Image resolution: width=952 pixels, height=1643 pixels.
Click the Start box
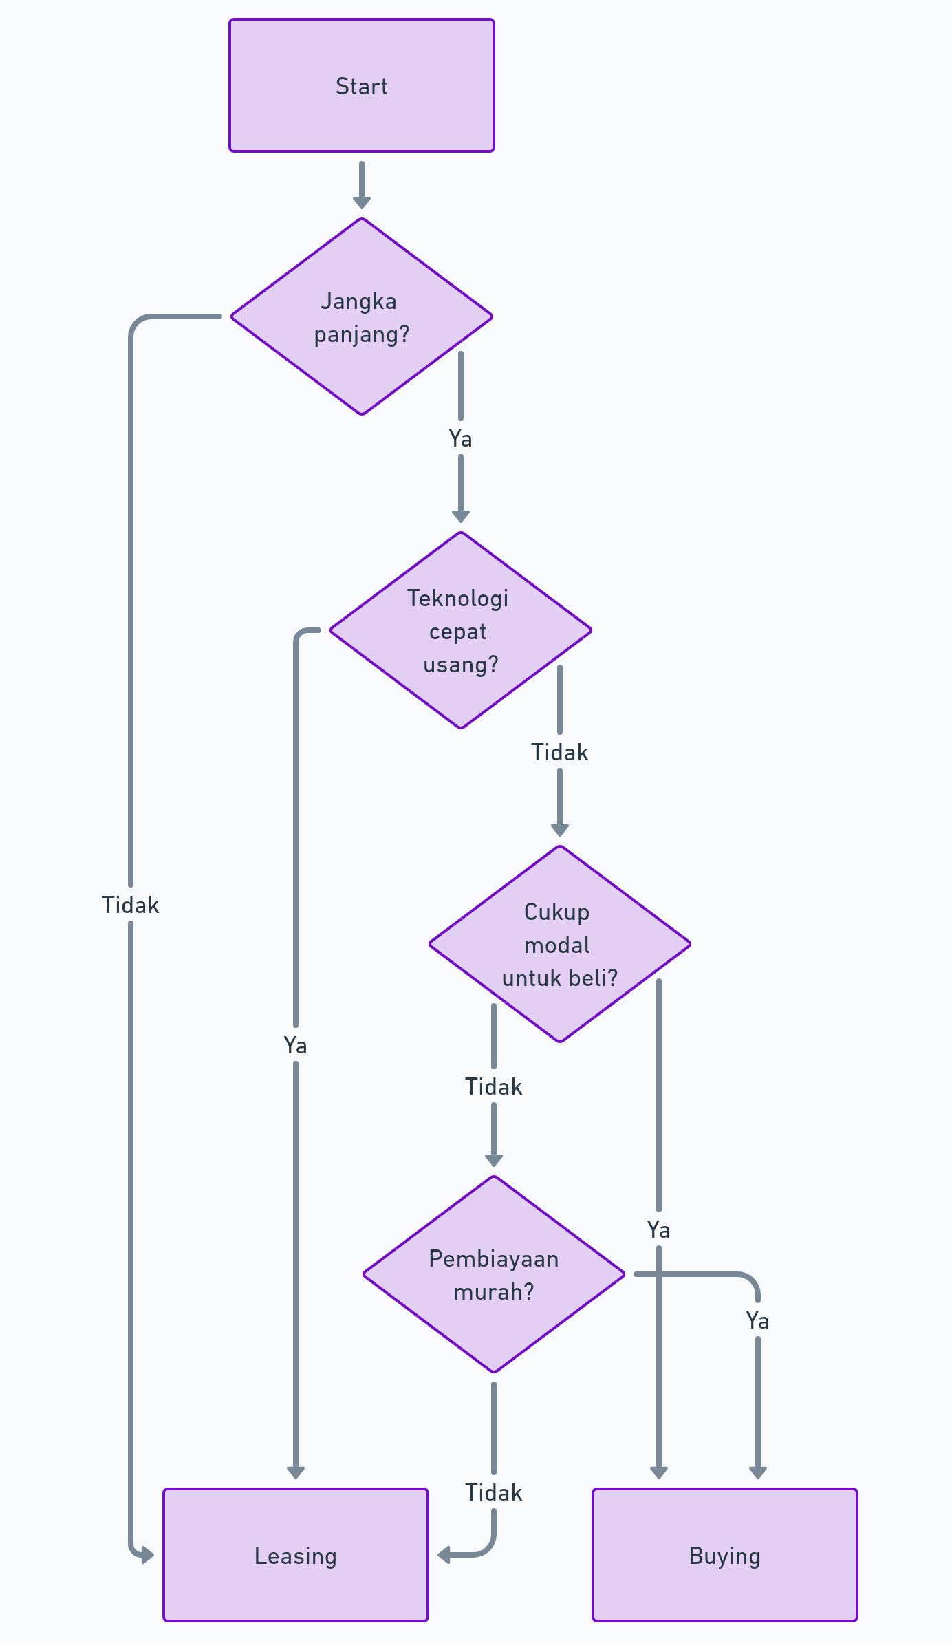tap(361, 85)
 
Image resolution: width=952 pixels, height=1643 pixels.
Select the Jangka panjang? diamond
tap(361, 316)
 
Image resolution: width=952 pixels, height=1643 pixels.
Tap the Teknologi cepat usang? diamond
tap(460, 630)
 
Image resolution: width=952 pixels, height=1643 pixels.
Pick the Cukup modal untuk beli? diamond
tap(559, 944)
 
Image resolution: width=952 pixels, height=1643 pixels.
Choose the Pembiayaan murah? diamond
tap(493, 1274)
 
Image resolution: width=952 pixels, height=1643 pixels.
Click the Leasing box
tap(295, 1555)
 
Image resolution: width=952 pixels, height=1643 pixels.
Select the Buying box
tap(724, 1555)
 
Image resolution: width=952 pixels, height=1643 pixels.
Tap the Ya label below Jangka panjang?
tap(460, 438)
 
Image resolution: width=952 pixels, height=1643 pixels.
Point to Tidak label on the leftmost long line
tap(130, 905)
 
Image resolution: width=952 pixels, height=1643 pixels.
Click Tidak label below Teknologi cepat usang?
tap(559, 752)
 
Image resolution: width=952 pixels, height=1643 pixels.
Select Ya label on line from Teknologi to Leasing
tap(295, 1045)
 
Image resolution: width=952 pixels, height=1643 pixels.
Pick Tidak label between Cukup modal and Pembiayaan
tap(493, 1086)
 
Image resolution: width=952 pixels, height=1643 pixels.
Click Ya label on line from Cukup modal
tap(658, 1229)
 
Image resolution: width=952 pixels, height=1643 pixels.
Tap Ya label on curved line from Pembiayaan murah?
tap(757, 1320)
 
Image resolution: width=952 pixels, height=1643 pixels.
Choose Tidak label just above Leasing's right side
tap(493, 1492)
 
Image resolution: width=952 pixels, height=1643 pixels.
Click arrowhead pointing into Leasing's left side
tap(147, 1555)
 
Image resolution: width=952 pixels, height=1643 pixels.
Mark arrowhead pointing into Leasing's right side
tap(444, 1555)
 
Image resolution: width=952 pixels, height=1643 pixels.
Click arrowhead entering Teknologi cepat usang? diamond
tap(460, 517)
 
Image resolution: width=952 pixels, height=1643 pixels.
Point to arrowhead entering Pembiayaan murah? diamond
tap(493, 1161)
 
